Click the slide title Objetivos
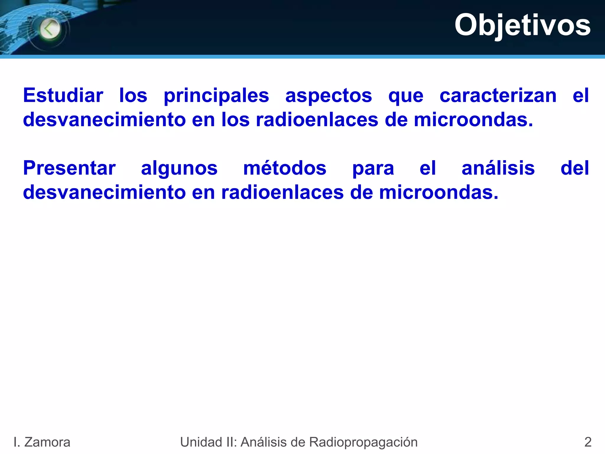coord(522,25)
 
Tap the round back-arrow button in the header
coord(50,29)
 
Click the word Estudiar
coord(63,95)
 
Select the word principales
coord(216,96)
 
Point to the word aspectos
coord(328,96)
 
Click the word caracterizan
coord(498,95)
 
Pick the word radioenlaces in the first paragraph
coord(317,120)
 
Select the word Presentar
coord(69,168)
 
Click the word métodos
coord(285,168)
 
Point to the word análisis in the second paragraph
coord(498,168)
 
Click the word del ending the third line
coord(575,168)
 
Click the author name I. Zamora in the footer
coord(42,442)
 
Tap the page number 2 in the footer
coord(588,442)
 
